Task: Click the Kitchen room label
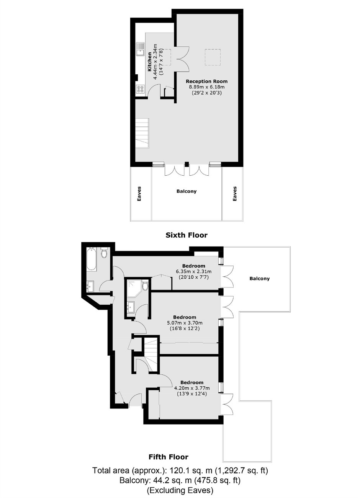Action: click(x=150, y=62)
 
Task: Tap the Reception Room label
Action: click(x=207, y=81)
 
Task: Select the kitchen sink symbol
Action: click(x=140, y=49)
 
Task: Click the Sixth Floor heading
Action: click(x=187, y=235)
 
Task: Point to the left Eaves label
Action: click(x=139, y=194)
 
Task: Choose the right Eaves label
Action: click(x=234, y=194)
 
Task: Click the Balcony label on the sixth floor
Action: click(x=187, y=191)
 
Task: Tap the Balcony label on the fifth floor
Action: click(x=259, y=278)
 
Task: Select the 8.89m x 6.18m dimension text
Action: click(x=207, y=87)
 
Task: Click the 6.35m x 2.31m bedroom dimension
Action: click(x=193, y=271)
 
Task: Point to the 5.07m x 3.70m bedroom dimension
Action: click(x=185, y=323)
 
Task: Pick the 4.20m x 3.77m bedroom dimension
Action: click(x=192, y=389)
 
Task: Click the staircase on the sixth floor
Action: click(x=142, y=133)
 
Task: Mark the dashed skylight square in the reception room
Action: click(x=213, y=57)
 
